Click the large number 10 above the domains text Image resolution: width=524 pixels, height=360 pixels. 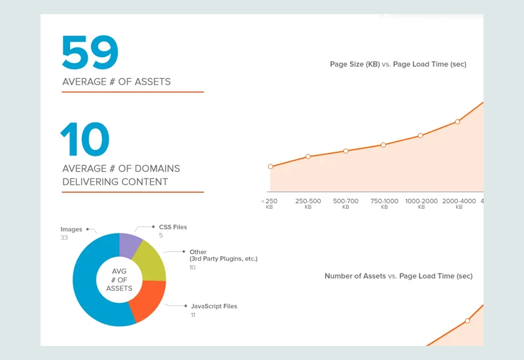[x=85, y=139]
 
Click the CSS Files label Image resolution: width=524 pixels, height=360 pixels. [x=173, y=227]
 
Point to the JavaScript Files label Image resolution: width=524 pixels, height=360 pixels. [x=214, y=306]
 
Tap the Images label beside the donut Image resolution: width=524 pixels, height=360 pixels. [x=72, y=229]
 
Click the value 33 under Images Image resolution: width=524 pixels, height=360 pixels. [x=64, y=238]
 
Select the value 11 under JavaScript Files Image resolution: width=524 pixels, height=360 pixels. [x=193, y=315]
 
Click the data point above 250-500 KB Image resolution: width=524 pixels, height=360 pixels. [x=308, y=156]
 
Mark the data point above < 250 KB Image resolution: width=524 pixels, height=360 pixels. [x=270, y=166]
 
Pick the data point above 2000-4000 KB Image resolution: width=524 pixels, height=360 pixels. [x=457, y=122]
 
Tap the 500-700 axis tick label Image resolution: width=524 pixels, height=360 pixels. [x=346, y=201]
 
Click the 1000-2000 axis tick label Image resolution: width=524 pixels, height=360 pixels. [x=421, y=201]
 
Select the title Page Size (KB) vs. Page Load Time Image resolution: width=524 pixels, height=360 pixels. [x=398, y=64]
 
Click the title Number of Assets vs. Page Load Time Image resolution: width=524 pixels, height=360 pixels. [x=398, y=276]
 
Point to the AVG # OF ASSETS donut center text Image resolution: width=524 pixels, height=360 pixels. [x=119, y=280]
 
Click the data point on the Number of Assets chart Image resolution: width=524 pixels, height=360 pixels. [x=467, y=321]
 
